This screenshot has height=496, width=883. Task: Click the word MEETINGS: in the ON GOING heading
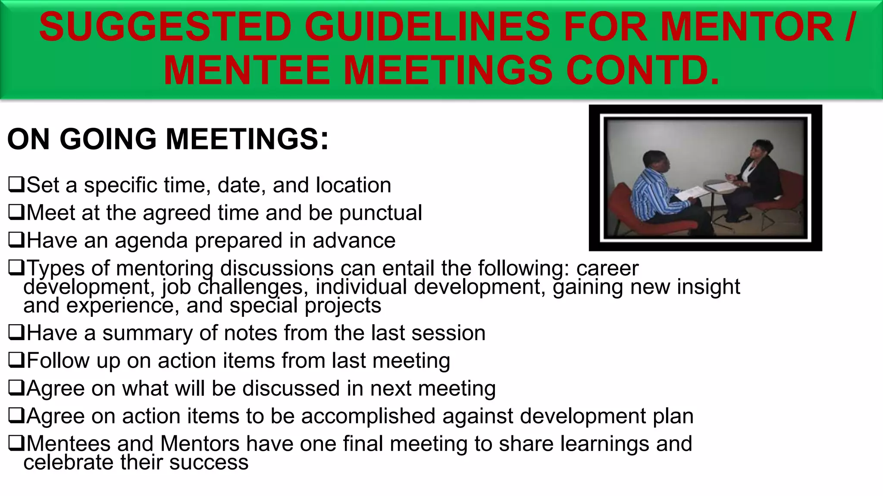tap(247, 139)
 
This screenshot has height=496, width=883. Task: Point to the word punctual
tap(380, 213)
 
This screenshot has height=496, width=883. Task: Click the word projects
tap(343, 305)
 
